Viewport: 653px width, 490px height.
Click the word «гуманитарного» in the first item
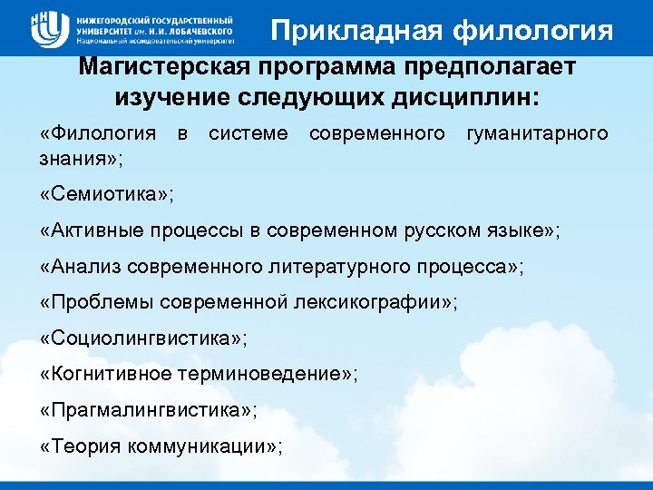(x=536, y=134)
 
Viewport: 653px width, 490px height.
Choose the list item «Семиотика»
(x=107, y=195)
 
